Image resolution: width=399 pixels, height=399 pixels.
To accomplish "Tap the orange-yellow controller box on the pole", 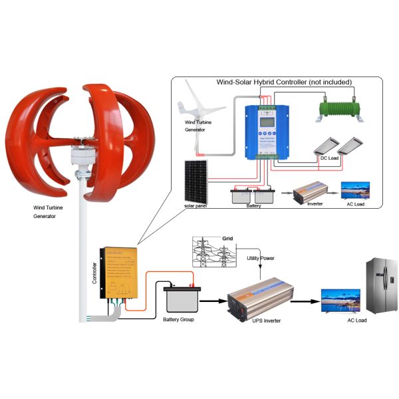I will click(119, 272).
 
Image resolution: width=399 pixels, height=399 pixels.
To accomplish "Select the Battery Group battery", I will click(181, 298).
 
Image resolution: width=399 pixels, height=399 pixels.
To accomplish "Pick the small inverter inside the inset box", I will click(311, 192).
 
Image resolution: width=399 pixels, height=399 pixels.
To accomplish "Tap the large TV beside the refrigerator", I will click(340, 299).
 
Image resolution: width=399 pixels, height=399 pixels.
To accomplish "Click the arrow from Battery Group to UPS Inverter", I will click(213, 301).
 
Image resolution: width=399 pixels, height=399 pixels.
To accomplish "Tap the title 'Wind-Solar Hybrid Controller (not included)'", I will click(284, 82).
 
